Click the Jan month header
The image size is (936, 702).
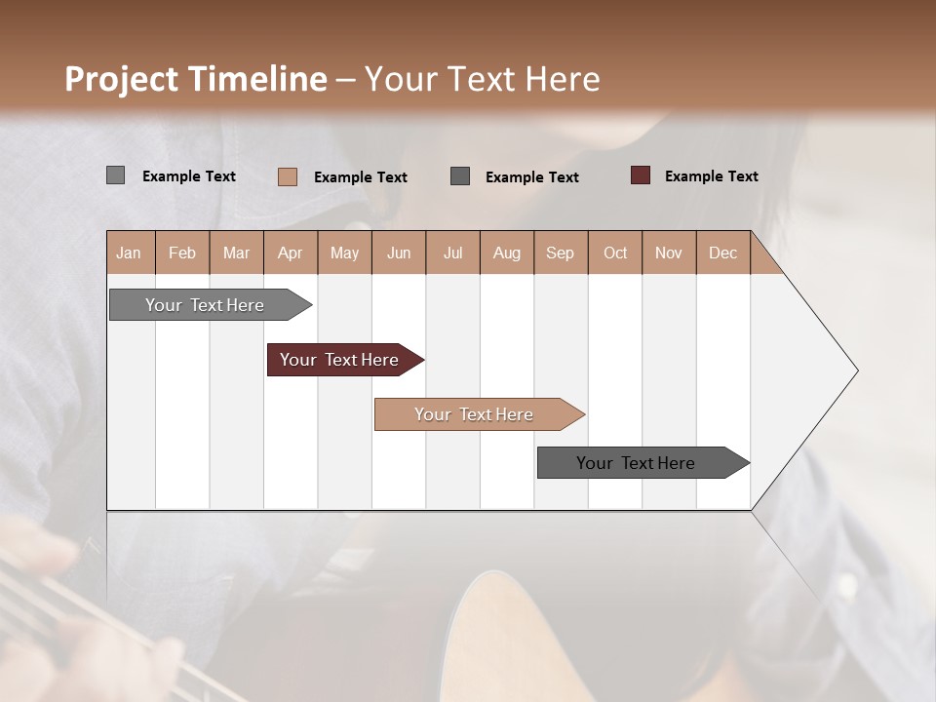click(x=130, y=253)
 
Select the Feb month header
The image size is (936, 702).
click(x=182, y=253)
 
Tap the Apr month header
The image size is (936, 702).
click(x=291, y=253)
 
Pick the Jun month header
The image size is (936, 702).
click(x=399, y=253)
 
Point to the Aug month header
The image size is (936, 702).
click(x=507, y=253)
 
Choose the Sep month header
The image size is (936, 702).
click(x=561, y=253)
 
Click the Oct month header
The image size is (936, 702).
click(x=615, y=253)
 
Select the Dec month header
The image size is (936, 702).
click(x=722, y=253)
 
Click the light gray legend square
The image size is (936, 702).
click(x=115, y=175)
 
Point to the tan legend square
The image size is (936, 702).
click(x=287, y=176)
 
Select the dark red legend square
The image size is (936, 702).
click(x=640, y=175)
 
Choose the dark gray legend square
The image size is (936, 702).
click(x=460, y=176)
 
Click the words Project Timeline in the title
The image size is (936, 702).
click(x=195, y=79)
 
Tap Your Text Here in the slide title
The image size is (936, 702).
click(x=482, y=79)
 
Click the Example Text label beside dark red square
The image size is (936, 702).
click(x=711, y=176)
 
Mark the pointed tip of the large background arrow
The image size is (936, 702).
click(x=856, y=370)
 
